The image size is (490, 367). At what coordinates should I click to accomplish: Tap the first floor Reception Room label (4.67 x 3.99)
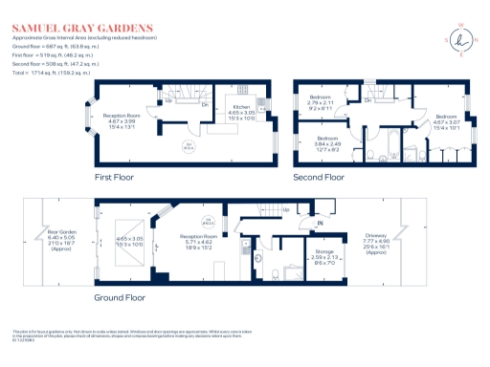(x=122, y=120)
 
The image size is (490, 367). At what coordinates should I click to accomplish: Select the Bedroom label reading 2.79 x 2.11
(x=322, y=103)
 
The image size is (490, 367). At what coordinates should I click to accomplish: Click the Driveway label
(x=429, y=245)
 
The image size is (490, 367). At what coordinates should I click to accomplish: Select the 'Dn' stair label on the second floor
(x=368, y=100)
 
